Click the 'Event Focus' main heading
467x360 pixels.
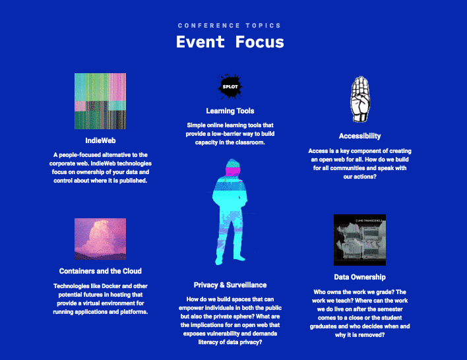pos(230,42)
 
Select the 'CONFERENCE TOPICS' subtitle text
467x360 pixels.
pos(230,26)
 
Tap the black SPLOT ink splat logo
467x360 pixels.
pos(230,86)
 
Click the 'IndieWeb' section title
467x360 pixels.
pos(100,140)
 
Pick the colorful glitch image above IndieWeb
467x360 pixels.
pos(100,102)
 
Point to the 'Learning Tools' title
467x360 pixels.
pos(230,111)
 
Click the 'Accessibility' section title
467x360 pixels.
pos(359,136)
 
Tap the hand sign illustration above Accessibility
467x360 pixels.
pos(360,99)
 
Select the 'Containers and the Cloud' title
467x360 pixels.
pos(100,271)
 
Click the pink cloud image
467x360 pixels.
pos(100,239)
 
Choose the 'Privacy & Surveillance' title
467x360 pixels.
pos(230,285)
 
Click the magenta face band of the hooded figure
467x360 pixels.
pos(232,171)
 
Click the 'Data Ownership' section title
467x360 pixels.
pos(359,277)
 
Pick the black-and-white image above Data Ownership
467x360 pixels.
pos(359,240)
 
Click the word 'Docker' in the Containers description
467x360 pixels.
pos(111,286)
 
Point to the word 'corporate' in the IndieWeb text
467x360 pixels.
pos(61,164)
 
